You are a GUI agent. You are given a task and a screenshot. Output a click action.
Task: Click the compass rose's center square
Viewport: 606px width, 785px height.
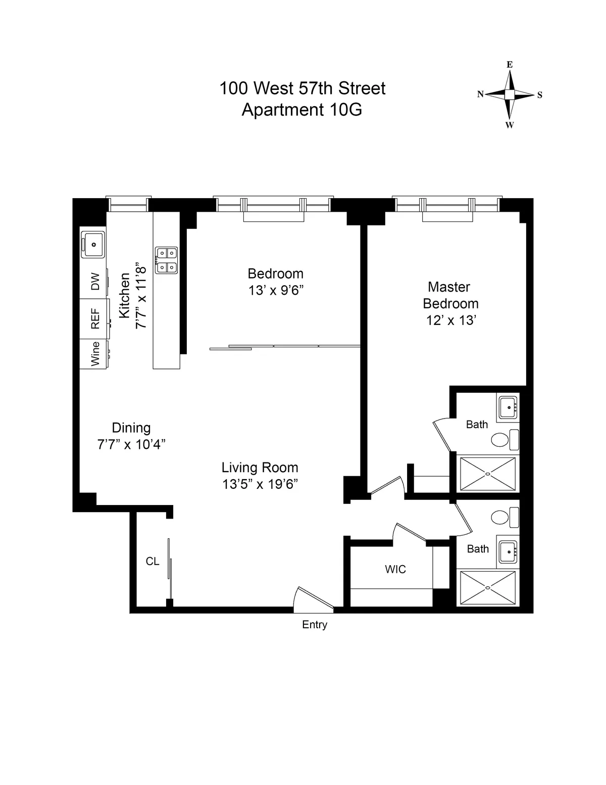[x=510, y=95]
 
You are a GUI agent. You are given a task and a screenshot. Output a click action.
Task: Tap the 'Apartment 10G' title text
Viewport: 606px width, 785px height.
[x=301, y=110]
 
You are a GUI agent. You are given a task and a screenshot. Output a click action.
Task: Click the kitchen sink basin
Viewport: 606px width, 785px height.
[x=93, y=245]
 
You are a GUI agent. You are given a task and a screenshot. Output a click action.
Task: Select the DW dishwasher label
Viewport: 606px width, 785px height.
[x=95, y=282]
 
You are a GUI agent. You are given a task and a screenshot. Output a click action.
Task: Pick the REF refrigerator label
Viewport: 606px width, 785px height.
[x=95, y=319]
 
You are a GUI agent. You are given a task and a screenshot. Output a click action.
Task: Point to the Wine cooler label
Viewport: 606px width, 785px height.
[x=95, y=353]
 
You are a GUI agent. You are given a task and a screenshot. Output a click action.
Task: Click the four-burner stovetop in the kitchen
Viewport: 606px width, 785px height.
[x=166, y=260]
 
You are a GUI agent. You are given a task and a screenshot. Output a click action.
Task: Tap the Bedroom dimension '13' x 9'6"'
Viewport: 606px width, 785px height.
[x=275, y=291]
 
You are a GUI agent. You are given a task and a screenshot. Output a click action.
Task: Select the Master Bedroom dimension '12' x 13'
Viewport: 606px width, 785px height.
[x=451, y=320]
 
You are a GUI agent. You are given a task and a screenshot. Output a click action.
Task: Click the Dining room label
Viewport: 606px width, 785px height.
[x=131, y=428]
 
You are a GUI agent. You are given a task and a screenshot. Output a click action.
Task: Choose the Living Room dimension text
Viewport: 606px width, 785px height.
[x=260, y=484]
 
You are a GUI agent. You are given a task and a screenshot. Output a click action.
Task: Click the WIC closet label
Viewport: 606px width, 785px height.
[x=395, y=570]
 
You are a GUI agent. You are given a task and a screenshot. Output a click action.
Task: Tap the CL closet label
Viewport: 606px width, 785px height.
[x=153, y=561]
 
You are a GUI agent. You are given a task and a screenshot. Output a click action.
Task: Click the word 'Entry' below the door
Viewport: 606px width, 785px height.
[x=315, y=625]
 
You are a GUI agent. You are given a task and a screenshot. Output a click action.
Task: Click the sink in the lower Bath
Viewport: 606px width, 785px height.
[x=507, y=551]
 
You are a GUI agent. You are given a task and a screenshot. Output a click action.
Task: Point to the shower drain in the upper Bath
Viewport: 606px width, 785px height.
[x=488, y=474]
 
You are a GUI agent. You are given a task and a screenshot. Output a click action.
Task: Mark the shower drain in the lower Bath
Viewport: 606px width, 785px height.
[x=488, y=588]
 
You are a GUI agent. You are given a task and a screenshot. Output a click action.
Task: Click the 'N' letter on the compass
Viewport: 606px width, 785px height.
[x=480, y=94]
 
